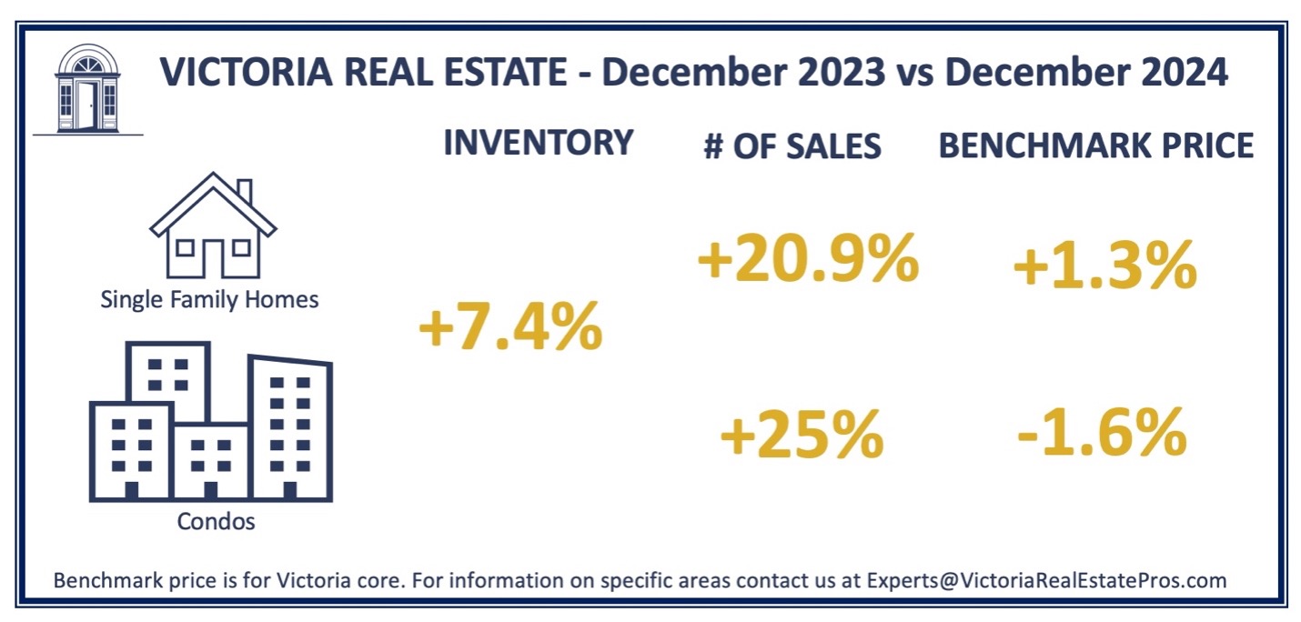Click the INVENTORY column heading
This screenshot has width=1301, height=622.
point(538,143)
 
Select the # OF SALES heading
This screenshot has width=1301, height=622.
point(792,146)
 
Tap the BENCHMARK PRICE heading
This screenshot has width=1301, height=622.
point(1096,145)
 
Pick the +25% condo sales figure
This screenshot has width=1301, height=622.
point(801,436)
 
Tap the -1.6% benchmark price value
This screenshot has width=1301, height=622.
point(1102,435)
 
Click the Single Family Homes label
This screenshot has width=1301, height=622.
point(209,299)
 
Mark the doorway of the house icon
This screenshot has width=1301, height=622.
point(213,258)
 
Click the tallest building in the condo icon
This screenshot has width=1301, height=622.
point(290,427)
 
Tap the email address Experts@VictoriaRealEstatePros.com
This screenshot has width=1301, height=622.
point(1046,580)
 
